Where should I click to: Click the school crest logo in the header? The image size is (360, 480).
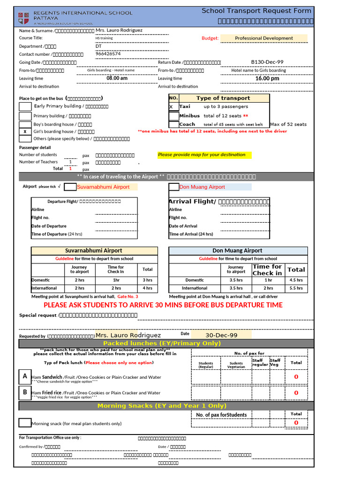(24, 17)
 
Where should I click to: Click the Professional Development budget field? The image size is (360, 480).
(264, 38)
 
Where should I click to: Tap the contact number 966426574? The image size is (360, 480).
(108, 54)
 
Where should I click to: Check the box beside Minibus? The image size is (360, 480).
(173, 116)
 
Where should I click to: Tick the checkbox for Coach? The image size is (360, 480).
(173, 124)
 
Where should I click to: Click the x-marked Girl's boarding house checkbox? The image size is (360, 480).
(25, 132)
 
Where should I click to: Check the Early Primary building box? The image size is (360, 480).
(25, 106)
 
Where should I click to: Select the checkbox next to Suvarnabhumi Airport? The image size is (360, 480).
(70, 187)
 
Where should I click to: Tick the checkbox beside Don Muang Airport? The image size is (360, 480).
(173, 187)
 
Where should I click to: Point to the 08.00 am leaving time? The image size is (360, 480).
(117, 78)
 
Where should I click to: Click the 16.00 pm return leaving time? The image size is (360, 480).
(267, 78)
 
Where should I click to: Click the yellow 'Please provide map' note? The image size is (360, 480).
(202, 155)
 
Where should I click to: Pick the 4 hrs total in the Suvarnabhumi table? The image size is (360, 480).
(147, 288)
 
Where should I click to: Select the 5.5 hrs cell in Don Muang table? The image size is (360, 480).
(296, 288)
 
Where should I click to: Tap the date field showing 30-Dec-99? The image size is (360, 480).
(221, 335)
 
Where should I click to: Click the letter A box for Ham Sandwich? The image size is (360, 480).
(25, 376)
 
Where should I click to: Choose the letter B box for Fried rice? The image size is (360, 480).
(25, 392)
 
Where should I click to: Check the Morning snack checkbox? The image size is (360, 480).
(25, 423)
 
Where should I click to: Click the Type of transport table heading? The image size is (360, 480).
(223, 98)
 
